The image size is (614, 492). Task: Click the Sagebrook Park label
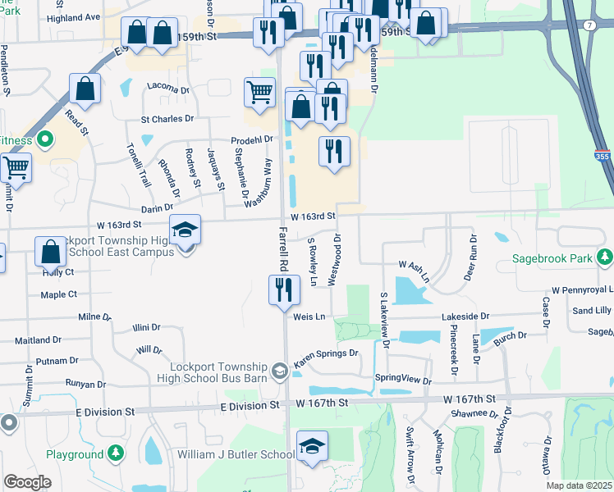[x=552, y=258]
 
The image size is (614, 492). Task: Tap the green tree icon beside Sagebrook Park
[x=605, y=258]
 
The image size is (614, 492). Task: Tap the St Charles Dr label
[x=167, y=119]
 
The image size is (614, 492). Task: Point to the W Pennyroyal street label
[x=582, y=290]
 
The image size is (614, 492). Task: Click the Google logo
[x=27, y=482]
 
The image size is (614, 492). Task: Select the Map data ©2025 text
[x=579, y=485]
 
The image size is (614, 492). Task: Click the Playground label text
[x=74, y=453]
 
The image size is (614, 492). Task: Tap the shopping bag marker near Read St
[x=85, y=88]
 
